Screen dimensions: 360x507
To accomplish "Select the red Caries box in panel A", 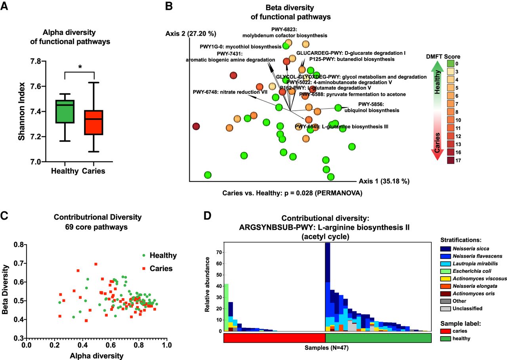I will click(95, 123).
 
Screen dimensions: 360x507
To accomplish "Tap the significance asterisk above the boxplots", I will click(80, 67).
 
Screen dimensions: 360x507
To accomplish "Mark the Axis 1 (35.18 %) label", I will click(384, 182).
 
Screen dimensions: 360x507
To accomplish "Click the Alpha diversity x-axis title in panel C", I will click(97, 356).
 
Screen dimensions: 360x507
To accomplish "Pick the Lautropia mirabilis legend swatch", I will click(446, 263).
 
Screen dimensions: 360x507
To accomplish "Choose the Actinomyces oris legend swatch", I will click(446, 293).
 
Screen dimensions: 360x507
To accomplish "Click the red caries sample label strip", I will click(274, 338).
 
